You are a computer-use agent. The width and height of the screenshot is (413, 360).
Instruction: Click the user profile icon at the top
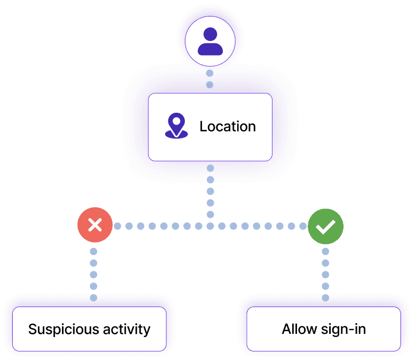click(210, 42)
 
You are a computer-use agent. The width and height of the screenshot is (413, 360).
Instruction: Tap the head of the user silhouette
click(210, 35)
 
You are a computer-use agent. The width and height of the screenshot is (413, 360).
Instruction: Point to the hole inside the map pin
click(176, 122)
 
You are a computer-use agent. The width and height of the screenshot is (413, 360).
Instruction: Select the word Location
click(228, 127)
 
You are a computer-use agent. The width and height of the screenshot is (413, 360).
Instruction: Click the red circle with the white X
click(95, 226)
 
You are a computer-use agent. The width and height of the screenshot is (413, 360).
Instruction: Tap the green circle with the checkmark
click(325, 226)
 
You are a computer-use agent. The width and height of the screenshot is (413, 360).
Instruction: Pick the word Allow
click(297, 328)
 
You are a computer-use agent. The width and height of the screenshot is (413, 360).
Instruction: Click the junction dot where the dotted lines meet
click(211, 226)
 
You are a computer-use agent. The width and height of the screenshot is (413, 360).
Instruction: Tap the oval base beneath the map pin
click(176, 135)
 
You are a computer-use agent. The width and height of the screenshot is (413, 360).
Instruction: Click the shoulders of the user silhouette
click(210, 50)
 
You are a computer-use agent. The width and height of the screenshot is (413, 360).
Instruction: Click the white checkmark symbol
click(325, 227)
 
